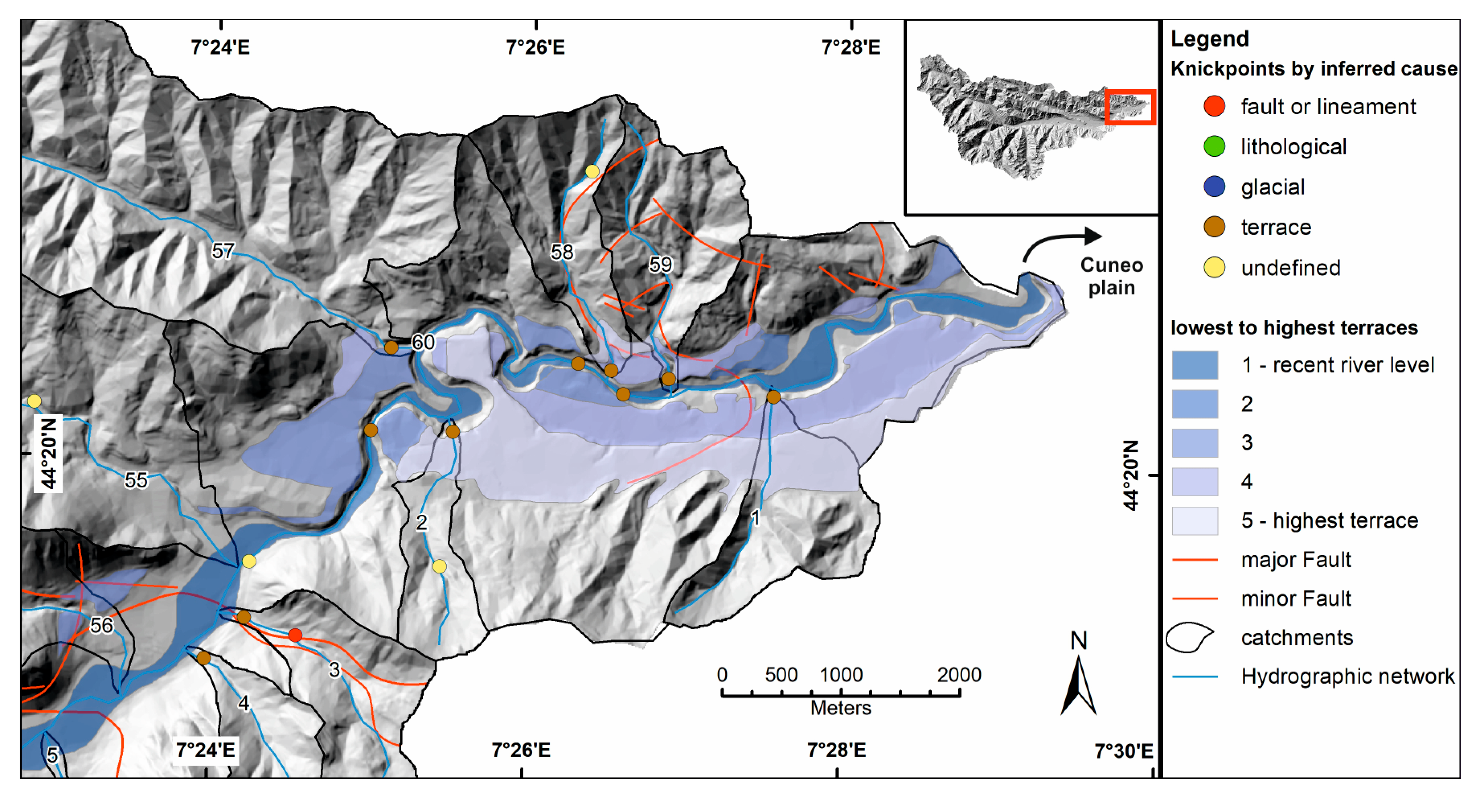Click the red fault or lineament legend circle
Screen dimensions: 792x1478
pos(1214,106)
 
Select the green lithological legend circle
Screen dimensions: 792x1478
pos(1214,146)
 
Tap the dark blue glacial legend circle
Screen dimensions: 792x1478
pos(1214,186)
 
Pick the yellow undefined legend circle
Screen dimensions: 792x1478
pos(1214,267)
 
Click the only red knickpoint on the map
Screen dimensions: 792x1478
pos(295,635)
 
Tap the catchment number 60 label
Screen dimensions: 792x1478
pos(423,342)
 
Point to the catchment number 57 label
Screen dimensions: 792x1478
pos(223,251)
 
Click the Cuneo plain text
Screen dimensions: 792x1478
pos(1111,276)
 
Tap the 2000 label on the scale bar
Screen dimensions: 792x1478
pos(959,674)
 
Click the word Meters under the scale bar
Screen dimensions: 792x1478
pos(840,708)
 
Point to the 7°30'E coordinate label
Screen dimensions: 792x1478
pos(1123,751)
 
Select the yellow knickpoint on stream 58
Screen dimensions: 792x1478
pos(592,171)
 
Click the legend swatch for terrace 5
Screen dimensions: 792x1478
pos(1195,520)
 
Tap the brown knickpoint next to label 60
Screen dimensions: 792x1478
pos(391,347)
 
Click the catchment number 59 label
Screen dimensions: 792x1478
pos(660,264)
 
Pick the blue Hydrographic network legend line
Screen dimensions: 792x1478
pos(1195,677)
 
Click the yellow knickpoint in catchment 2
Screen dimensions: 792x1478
pos(439,567)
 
